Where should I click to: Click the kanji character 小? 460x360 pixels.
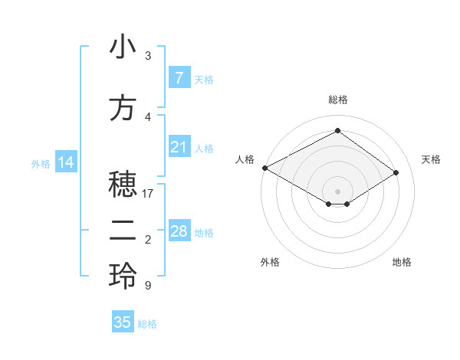pos(123,49)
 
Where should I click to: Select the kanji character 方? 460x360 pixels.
pos(123,109)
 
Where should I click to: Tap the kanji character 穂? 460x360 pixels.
pos(123,185)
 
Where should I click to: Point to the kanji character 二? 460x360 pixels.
pos(123,231)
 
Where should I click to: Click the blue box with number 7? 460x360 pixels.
pos(179,78)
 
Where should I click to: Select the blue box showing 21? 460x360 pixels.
pos(179,147)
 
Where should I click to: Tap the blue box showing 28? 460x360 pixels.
pos(179,231)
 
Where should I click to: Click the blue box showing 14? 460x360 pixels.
pos(65,162)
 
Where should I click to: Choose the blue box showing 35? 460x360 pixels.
pos(123,322)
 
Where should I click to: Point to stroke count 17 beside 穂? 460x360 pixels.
pos(149,194)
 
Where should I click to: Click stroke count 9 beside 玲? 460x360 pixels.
pos(147,286)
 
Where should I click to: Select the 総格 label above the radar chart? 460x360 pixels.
pos(337,100)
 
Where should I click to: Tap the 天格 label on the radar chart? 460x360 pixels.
pos(431,159)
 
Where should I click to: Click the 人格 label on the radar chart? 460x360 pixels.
pos(244,159)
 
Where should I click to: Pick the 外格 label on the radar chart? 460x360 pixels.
pos(270,262)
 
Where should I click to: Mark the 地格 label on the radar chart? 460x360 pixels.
pos(402,262)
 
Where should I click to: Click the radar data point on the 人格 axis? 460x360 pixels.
pos(264,168)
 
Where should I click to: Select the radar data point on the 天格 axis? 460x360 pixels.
pos(396,173)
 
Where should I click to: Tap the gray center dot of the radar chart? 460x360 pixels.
pos(337,191)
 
